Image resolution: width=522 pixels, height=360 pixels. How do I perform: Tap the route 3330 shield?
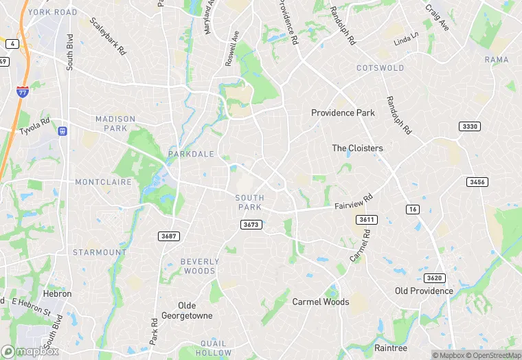[469, 126]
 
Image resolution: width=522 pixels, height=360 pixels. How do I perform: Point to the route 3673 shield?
[251, 225]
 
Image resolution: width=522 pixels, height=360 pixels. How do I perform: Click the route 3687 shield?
[168, 236]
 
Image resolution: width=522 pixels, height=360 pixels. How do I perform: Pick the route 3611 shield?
[366, 219]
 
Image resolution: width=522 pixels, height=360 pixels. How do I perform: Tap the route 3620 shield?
[434, 278]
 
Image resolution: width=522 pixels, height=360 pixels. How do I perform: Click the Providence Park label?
[343, 113]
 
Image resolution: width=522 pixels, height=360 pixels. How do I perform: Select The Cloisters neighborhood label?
[357, 148]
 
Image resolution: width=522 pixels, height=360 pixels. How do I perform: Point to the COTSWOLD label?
[380, 68]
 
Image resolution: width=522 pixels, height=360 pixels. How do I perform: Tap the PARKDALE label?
[191, 154]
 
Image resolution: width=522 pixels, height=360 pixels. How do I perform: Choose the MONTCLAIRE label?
[103, 182]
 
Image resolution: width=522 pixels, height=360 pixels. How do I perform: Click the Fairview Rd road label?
[353, 201]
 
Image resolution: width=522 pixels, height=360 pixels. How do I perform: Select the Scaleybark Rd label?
[108, 37]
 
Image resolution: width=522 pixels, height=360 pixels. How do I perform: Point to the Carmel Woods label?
[321, 302]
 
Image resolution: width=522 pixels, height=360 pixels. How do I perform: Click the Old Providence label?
[424, 291]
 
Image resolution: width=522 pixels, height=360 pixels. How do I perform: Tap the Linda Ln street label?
[405, 38]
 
